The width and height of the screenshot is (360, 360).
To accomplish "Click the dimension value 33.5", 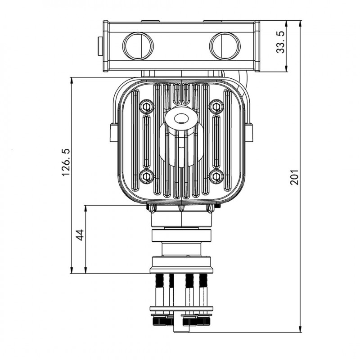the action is pyautogui.click(x=280, y=42).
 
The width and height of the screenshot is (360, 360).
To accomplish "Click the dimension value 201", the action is pyautogui.click(x=294, y=177).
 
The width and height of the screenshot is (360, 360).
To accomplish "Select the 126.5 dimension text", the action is pyautogui.click(x=66, y=162).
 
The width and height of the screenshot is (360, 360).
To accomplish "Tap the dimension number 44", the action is pyautogui.click(x=80, y=235).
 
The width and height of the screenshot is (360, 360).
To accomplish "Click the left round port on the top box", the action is pyautogui.click(x=138, y=45).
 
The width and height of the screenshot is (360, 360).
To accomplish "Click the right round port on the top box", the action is pyautogui.click(x=225, y=45).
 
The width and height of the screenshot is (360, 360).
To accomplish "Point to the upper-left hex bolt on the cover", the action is pyautogui.click(x=147, y=107).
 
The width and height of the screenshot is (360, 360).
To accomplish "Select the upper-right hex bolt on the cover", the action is pyautogui.click(x=216, y=107).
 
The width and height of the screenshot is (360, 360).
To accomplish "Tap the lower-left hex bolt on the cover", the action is pyautogui.click(x=147, y=176).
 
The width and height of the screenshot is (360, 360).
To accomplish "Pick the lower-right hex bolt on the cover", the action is pyautogui.click(x=216, y=176).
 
